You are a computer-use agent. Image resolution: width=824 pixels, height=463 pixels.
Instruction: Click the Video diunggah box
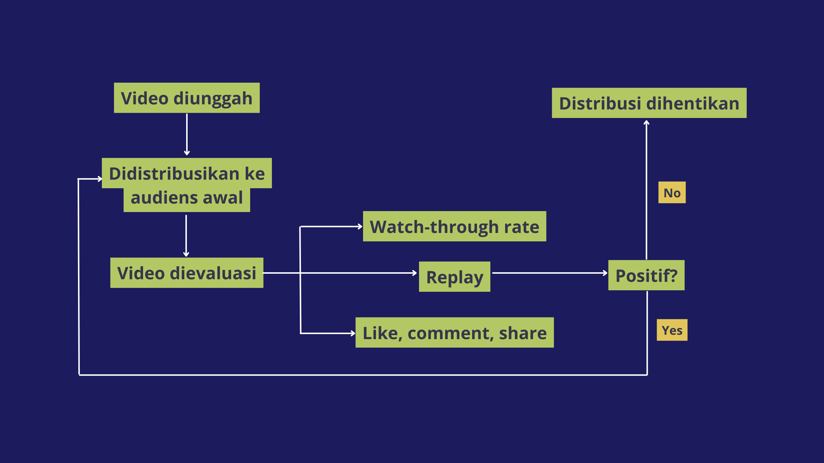(x=187, y=98)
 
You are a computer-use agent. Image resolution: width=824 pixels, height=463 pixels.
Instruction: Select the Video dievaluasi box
(x=187, y=273)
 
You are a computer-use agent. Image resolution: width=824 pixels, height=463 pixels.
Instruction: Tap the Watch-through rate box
(x=455, y=226)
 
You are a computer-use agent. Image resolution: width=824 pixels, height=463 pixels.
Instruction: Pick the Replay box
(x=455, y=277)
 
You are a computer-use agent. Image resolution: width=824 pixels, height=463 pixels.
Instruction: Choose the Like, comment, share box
(x=455, y=333)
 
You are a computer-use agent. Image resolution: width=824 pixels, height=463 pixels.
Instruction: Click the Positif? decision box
(x=646, y=275)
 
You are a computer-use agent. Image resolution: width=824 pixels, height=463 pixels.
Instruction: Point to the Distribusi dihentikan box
(x=649, y=103)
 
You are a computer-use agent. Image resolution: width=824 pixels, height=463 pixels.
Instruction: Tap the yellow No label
(x=672, y=192)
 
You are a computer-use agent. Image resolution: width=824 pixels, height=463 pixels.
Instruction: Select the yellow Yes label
(x=672, y=330)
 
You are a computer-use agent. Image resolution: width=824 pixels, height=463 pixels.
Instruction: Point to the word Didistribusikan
(x=174, y=173)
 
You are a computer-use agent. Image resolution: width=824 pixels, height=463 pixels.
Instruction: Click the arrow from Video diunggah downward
(x=187, y=134)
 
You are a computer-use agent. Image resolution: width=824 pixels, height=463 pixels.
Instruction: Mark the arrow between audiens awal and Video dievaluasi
(x=186, y=236)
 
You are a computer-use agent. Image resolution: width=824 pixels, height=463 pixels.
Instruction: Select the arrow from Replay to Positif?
(x=550, y=273)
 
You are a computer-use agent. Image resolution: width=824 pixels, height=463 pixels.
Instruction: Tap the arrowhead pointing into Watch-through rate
(x=360, y=227)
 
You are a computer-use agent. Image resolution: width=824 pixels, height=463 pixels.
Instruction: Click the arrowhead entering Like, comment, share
(x=353, y=333)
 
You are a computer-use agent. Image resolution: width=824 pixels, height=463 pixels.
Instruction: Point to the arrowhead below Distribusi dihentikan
(x=646, y=123)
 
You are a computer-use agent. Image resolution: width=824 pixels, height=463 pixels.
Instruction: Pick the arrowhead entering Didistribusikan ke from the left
(x=100, y=179)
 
